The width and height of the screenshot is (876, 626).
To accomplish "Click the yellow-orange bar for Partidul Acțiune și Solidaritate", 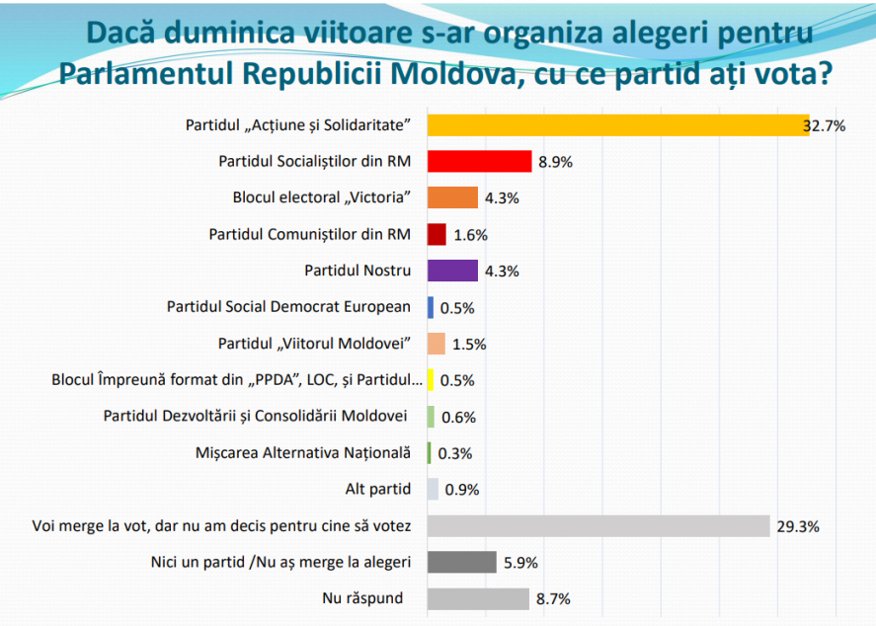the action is click(618, 125).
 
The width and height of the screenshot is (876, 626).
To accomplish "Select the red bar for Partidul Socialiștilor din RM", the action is click(479, 161).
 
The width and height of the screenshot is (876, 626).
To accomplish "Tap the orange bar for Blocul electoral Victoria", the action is click(452, 197).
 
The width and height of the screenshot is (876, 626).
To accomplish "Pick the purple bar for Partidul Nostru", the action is click(452, 271).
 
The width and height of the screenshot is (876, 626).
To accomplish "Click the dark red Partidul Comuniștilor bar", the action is click(437, 235).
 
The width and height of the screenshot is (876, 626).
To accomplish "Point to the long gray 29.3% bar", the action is click(598, 526).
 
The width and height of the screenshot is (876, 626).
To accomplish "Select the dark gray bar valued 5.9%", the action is click(462, 563).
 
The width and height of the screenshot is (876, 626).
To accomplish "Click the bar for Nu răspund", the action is click(478, 599).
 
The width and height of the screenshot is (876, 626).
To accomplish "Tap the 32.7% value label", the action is click(824, 126).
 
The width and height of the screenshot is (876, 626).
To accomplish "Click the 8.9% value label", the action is click(555, 163).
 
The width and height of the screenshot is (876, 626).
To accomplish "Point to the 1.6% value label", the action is click(470, 235).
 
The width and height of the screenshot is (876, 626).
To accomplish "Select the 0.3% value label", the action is click(454, 453).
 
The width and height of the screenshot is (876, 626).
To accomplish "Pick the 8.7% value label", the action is click(553, 599).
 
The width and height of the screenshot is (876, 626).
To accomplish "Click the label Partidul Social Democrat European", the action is click(288, 306).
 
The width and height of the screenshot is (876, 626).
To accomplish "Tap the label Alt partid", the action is click(377, 489).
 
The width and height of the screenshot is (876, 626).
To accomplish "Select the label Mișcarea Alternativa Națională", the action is click(303, 453).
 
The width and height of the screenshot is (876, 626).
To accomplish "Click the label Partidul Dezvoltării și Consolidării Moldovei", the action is click(256, 416).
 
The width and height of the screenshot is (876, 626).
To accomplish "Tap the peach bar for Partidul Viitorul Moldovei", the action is click(437, 344).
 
